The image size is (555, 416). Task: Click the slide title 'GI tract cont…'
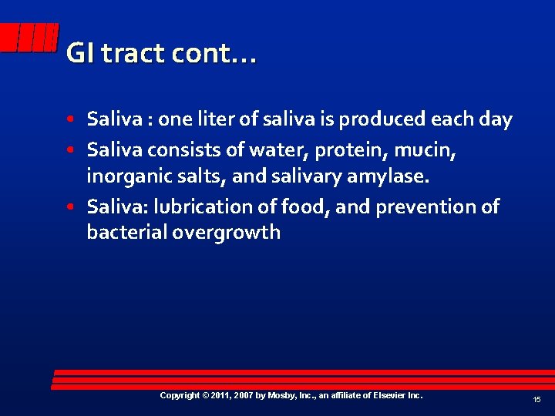[161, 53]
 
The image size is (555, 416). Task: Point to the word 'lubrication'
[202, 207]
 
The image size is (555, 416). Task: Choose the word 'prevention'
[423, 207]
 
